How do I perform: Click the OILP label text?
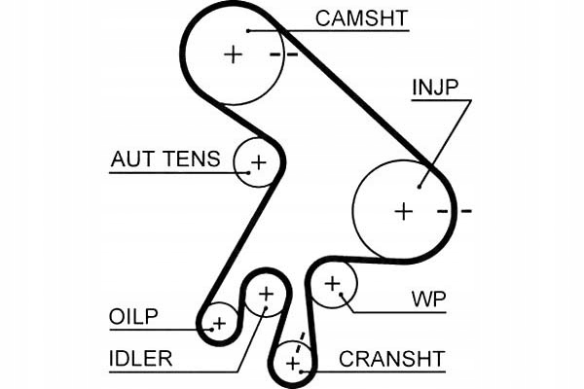click(x=133, y=317)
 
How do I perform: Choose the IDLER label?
click(x=140, y=359)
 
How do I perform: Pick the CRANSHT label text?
click(x=391, y=359)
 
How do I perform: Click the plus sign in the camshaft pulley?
click(x=233, y=54)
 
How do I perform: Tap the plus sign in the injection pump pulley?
click(x=403, y=209)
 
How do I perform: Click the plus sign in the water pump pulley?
click(x=333, y=284)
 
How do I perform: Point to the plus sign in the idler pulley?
click(x=266, y=292)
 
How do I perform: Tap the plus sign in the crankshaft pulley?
click(x=292, y=364)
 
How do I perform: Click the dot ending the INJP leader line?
click(x=420, y=186)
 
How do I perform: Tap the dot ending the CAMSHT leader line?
click(x=249, y=30)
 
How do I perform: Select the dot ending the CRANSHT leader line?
click(x=307, y=371)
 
